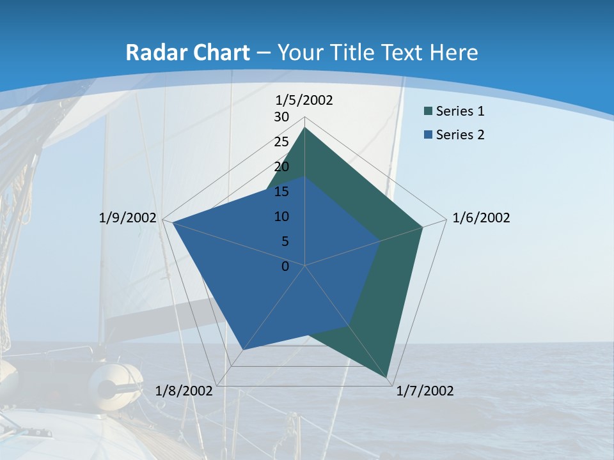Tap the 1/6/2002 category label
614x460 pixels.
pyautogui.click(x=481, y=218)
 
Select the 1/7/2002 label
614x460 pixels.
pyautogui.click(x=425, y=391)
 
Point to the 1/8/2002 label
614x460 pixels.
pyautogui.click(x=184, y=391)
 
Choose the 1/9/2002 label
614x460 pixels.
pyautogui.click(x=128, y=218)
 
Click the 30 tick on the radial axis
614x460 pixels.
pyautogui.click(x=281, y=117)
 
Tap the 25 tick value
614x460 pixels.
pyautogui.click(x=281, y=142)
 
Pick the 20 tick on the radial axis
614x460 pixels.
pyautogui.click(x=281, y=167)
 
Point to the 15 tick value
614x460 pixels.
pyautogui.click(x=281, y=192)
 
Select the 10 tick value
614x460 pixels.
pyautogui.click(x=281, y=217)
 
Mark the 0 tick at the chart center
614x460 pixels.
pyautogui.click(x=285, y=266)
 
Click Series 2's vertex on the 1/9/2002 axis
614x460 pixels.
pyautogui.click(x=173, y=222)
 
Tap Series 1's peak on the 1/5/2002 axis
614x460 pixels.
pyautogui.click(x=305, y=128)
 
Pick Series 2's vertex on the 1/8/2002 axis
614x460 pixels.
pyautogui.click(x=244, y=350)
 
